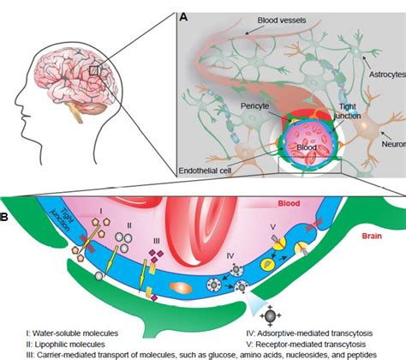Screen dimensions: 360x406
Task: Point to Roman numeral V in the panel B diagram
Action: pos(272,228)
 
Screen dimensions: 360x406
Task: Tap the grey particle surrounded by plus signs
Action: pos(269,313)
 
